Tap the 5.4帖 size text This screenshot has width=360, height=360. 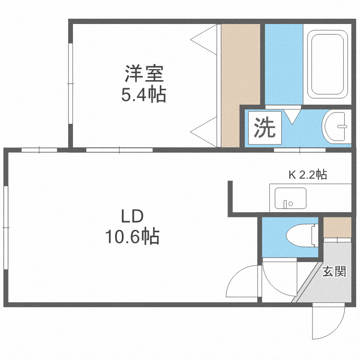(144, 96)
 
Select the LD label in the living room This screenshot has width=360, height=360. (132, 216)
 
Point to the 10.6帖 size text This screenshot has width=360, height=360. (132, 237)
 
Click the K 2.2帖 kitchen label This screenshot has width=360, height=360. (307, 175)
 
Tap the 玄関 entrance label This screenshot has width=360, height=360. (334, 272)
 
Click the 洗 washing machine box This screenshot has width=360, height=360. (264, 128)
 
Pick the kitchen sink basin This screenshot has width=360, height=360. (290, 198)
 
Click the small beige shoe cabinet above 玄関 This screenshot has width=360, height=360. (336, 228)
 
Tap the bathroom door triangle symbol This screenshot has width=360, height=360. (291, 116)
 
